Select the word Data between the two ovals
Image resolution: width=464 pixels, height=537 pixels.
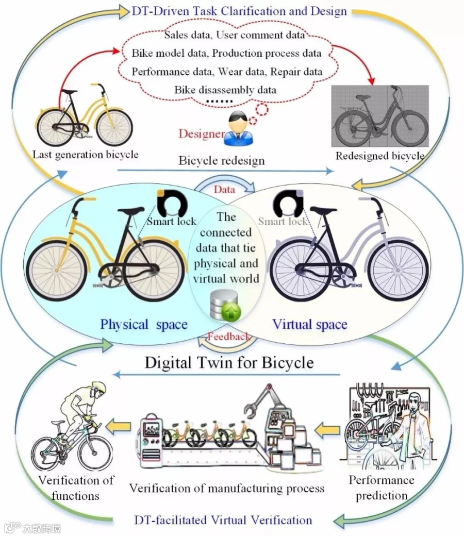pos(224,190)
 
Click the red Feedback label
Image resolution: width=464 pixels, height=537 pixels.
pos(228,337)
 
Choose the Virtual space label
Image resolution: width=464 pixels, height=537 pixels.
pos(309,324)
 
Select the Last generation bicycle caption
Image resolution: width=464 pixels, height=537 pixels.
pos(85,154)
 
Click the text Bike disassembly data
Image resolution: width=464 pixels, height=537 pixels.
pos(225,90)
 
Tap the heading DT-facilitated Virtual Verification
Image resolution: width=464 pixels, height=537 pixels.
pos(223,519)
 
